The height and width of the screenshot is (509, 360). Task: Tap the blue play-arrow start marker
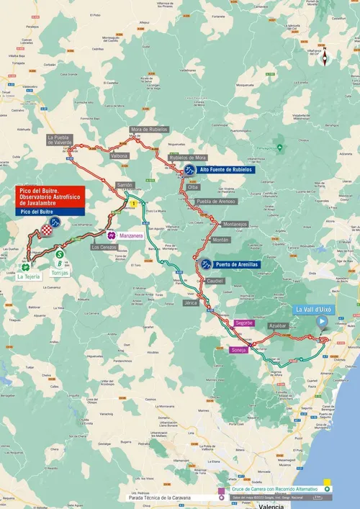click(322, 323)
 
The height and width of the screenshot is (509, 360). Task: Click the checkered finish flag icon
click(48, 230)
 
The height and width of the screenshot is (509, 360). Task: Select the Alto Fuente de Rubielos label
click(225, 170)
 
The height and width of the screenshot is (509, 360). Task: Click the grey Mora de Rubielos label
click(149, 129)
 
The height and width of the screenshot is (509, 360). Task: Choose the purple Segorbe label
click(244, 323)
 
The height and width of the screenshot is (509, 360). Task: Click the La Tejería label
click(30, 276)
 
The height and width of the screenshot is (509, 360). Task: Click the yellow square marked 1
click(133, 204)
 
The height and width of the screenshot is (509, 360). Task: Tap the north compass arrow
click(325, 55)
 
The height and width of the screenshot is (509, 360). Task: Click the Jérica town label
click(190, 303)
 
